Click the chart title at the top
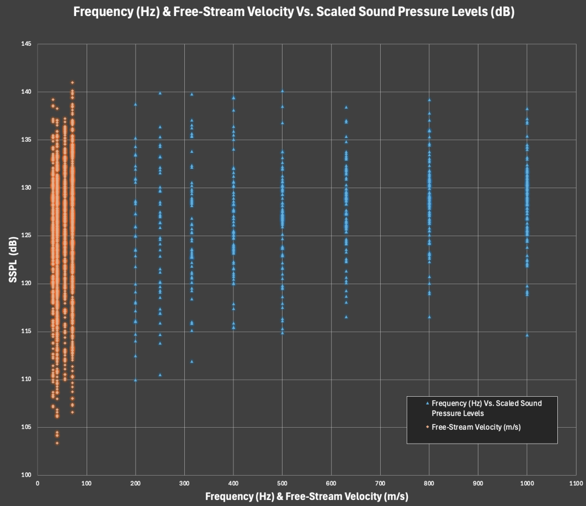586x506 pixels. click(x=294, y=12)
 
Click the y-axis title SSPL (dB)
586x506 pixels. click(x=13, y=259)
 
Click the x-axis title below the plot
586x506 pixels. click(x=306, y=496)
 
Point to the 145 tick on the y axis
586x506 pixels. click(x=26, y=44)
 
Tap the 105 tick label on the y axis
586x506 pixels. click(x=26, y=427)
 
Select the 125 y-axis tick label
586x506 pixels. click(x=26, y=236)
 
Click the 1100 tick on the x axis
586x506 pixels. click(x=576, y=483)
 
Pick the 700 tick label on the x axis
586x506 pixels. click(x=380, y=483)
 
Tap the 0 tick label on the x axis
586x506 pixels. click(x=38, y=483)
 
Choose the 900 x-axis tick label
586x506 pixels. click(x=478, y=483)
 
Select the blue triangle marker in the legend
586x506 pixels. click(x=427, y=403)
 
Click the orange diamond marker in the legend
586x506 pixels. click(x=427, y=427)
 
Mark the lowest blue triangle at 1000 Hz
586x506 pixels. click(x=527, y=335)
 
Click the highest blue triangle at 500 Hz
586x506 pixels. click(x=282, y=91)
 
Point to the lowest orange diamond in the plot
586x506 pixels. click(x=57, y=443)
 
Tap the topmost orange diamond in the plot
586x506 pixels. click(x=72, y=83)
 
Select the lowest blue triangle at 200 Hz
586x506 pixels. click(x=135, y=380)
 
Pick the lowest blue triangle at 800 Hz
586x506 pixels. click(x=429, y=317)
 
